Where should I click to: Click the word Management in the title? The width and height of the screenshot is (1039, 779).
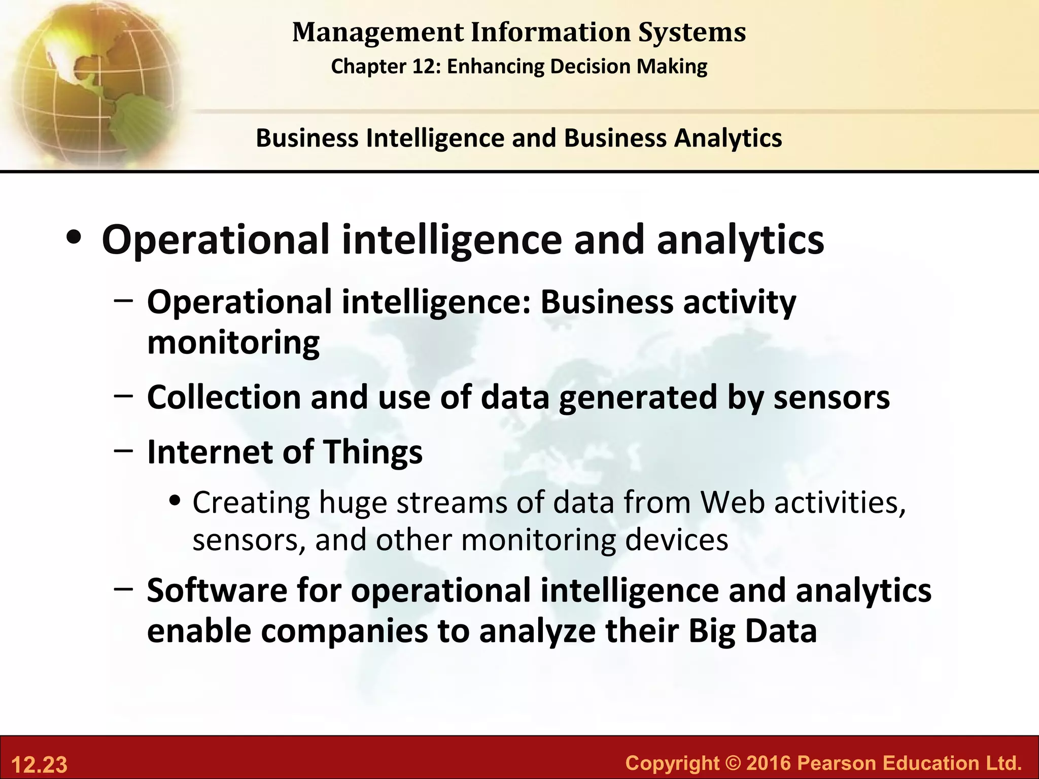pos(378,32)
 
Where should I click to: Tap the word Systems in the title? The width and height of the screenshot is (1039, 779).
pos(692,32)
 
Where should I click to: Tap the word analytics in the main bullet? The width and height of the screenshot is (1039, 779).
pos(740,240)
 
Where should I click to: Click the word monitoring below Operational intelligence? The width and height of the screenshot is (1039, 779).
pos(233,343)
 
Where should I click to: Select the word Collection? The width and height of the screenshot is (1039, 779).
pos(224,397)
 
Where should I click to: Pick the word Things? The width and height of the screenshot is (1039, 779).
pos(372,452)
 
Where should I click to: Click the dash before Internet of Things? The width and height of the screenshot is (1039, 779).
pos(123,450)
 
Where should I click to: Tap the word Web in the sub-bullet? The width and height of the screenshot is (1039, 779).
pos(732,503)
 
